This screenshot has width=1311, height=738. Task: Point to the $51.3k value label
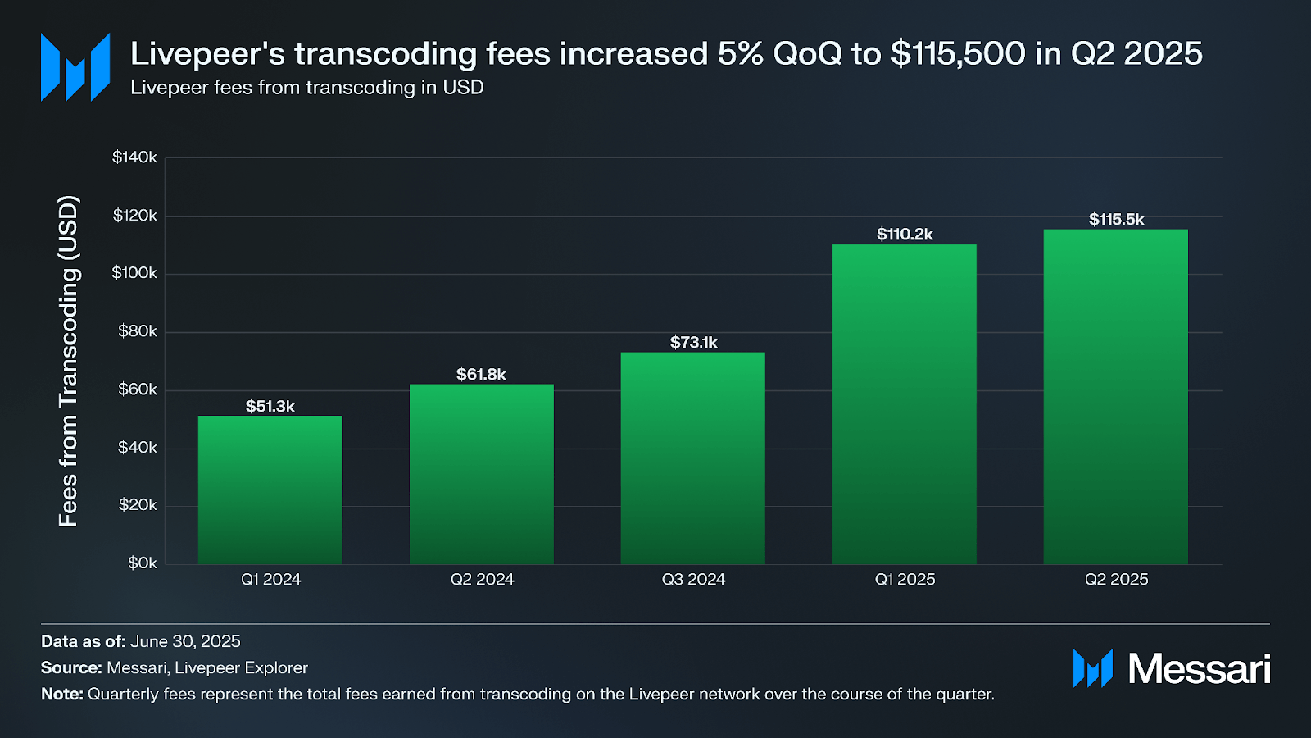[270, 406]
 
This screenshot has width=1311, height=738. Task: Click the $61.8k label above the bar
[481, 374]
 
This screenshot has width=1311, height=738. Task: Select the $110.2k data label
[905, 234]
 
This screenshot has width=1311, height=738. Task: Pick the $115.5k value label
[1116, 219]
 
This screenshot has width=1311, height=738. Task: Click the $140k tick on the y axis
[134, 157]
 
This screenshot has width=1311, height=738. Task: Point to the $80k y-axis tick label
[137, 331]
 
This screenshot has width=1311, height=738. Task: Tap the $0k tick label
[142, 563]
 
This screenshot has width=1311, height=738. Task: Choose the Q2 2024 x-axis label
[482, 580]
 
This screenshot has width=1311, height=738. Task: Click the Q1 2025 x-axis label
[905, 580]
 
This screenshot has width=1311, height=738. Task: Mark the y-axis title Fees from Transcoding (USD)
[69, 361]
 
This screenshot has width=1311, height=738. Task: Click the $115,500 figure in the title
[958, 54]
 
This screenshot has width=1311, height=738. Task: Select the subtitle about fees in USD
[307, 88]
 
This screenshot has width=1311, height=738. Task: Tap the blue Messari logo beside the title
[75, 67]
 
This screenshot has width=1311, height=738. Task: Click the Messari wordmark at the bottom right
[1199, 669]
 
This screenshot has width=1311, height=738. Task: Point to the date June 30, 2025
[185, 641]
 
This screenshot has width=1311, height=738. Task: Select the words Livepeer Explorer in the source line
[241, 667]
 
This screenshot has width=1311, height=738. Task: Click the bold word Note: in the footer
[62, 694]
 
